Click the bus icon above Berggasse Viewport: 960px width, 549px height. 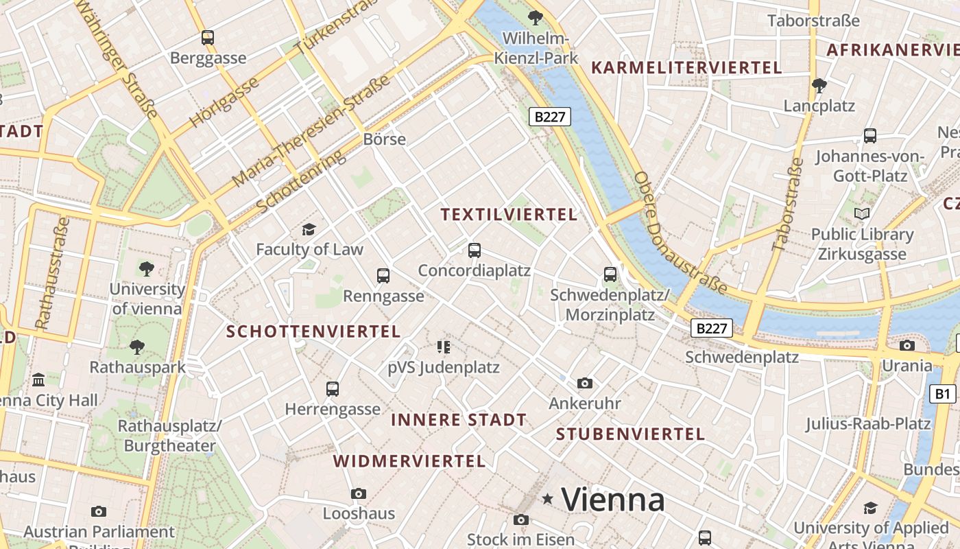(x=208, y=38)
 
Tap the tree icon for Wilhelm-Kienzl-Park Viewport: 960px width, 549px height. (x=535, y=18)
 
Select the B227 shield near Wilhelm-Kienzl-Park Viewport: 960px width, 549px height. (x=550, y=117)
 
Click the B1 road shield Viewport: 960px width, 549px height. (x=943, y=394)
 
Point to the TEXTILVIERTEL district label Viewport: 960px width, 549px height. (x=509, y=215)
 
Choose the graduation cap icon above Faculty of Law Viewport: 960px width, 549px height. (x=309, y=229)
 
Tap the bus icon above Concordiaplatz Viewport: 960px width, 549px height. (x=474, y=250)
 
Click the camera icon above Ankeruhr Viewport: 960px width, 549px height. (x=584, y=383)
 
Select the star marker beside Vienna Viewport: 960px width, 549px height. (x=547, y=499)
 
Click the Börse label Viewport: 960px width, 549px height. (x=384, y=139)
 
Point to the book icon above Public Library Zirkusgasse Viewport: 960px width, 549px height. (x=862, y=214)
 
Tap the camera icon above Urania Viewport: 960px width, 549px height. (x=907, y=345)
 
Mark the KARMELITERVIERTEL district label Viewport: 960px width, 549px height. (x=686, y=68)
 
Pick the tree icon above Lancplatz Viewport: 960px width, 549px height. (x=819, y=86)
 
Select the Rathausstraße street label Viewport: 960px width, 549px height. (x=52, y=273)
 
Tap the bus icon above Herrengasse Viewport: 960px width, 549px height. (x=333, y=389)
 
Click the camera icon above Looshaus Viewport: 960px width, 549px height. (x=358, y=493)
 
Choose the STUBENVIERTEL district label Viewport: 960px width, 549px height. (x=630, y=434)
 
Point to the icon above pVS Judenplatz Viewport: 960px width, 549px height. (x=443, y=347)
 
